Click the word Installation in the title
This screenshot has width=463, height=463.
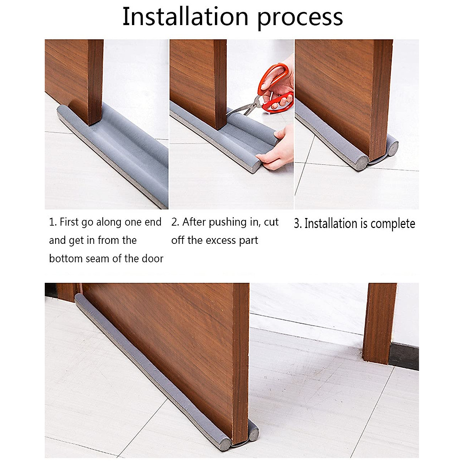pyautogui.click(x=185, y=17)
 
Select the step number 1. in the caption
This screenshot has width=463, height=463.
pyautogui.click(x=53, y=222)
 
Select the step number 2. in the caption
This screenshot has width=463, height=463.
pyautogui.click(x=175, y=222)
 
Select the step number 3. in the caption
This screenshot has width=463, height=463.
pyautogui.click(x=297, y=224)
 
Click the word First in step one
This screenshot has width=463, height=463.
pyautogui.click(x=69, y=222)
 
